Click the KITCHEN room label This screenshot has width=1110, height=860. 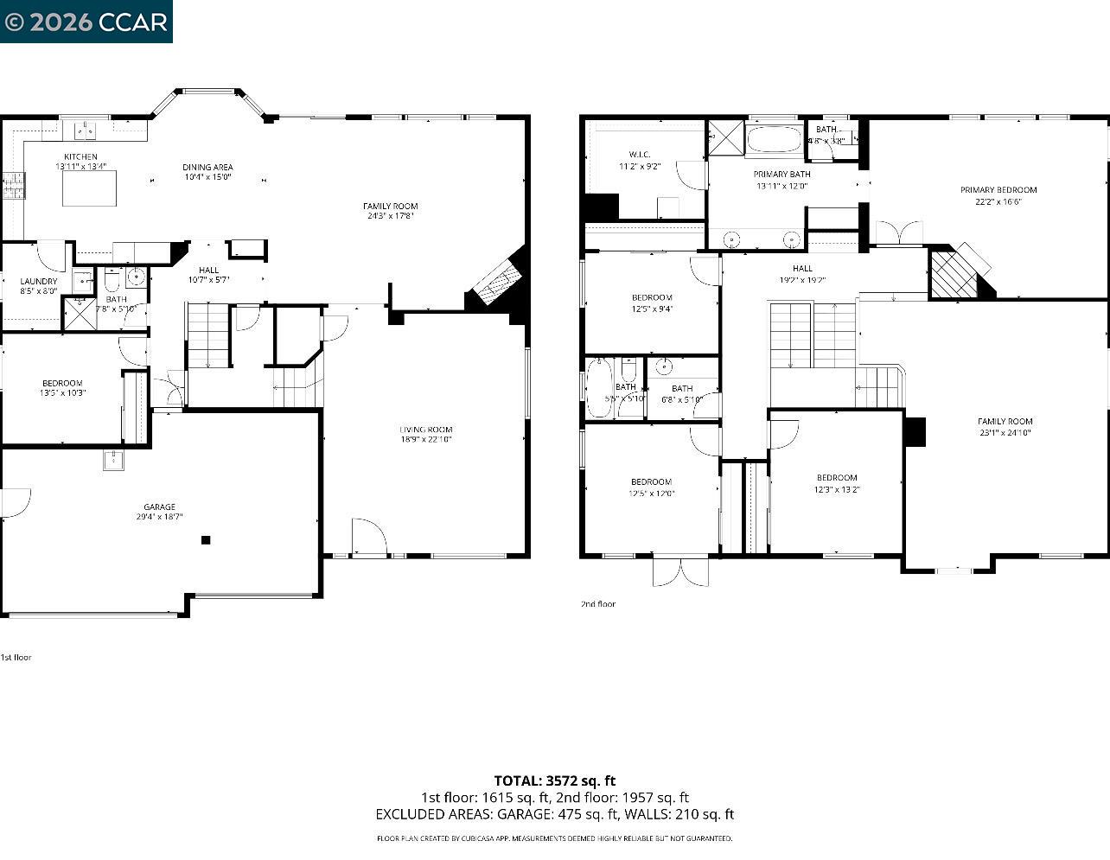click(x=80, y=156)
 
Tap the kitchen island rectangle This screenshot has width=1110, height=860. click(x=89, y=188)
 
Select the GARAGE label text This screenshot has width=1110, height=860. click(x=159, y=506)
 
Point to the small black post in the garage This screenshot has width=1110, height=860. click(x=206, y=540)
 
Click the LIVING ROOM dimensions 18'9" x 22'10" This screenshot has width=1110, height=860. click(x=426, y=439)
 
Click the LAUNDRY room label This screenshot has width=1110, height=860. click(x=39, y=281)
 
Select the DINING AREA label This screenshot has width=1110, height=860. click(x=207, y=167)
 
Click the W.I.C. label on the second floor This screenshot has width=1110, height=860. click(x=640, y=155)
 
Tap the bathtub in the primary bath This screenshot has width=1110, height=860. click(x=775, y=139)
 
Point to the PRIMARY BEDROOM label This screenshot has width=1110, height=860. click(x=998, y=190)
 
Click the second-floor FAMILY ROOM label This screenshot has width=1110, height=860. click(x=1005, y=422)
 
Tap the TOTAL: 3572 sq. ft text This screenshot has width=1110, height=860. click(x=554, y=780)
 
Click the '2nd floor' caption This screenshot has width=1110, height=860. click(x=598, y=604)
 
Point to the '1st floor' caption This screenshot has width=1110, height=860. click(x=16, y=657)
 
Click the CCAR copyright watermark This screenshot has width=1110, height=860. click(x=86, y=22)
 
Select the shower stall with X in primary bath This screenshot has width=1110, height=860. click(x=725, y=138)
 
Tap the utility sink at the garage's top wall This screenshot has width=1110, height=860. click(x=114, y=460)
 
